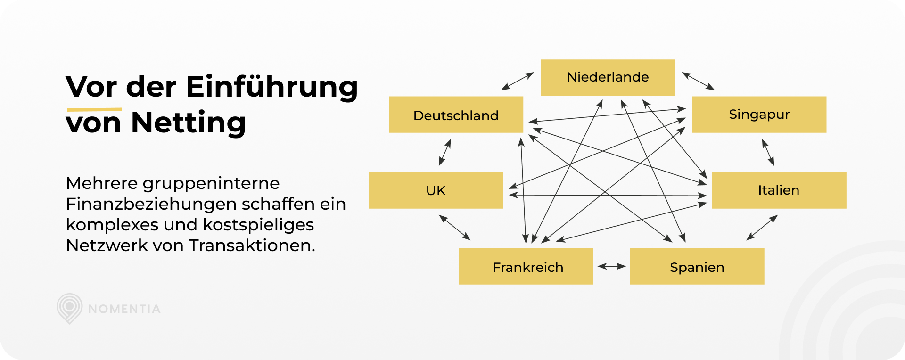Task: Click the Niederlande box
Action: [x=608, y=77]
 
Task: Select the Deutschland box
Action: [x=456, y=115]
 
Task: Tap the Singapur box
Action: [x=759, y=115]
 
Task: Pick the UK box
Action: [x=436, y=190]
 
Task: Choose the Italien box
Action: [x=779, y=190]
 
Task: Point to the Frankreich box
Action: [x=526, y=266]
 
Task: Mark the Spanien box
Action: [x=697, y=266]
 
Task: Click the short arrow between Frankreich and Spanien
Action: [x=611, y=266]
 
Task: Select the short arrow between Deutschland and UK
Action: [x=445, y=152]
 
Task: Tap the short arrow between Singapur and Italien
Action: [x=768, y=152]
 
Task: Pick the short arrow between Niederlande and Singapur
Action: [x=698, y=81]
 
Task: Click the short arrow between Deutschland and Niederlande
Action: [x=517, y=81]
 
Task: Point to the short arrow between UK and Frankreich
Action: [x=454, y=228]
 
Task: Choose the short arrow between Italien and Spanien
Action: [x=762, y=228]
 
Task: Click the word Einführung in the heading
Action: [x=272, y=87]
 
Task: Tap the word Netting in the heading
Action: [x=189, y=123]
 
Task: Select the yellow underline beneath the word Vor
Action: [x=94, y=110]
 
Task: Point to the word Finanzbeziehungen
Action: [x=151, y=204]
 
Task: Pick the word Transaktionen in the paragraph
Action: [x=252, y=245]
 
